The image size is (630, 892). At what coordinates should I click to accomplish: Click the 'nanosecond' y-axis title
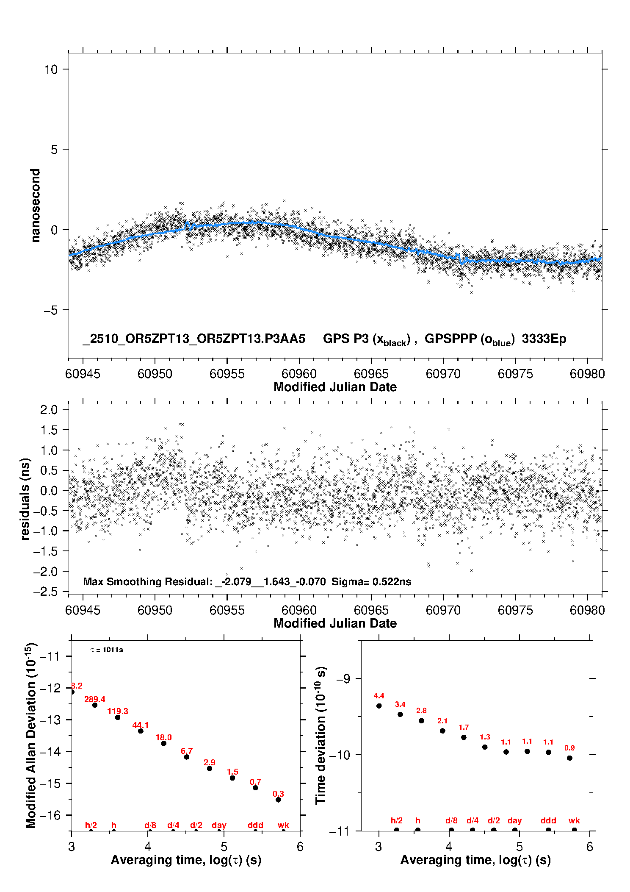click(36, 205)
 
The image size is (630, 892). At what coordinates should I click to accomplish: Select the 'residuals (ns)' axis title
click(25, 499)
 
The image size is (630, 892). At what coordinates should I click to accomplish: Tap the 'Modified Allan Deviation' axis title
click(31, 736)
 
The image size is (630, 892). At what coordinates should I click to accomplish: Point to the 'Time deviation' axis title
click(321, 735)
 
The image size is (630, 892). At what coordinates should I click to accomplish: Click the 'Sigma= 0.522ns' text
click(371, 581)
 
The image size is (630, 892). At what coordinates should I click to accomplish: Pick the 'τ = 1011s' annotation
click(107, 650)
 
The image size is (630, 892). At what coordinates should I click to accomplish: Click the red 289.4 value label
click(94, 699)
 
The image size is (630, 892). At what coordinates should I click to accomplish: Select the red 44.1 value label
click(141, 725)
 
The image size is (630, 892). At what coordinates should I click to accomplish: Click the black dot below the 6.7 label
click(187, 757)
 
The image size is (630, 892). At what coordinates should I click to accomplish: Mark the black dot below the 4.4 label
click(379, 706)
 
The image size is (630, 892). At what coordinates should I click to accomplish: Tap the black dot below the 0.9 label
click(569, 758)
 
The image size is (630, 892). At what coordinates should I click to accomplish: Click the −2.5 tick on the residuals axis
click(45, 592)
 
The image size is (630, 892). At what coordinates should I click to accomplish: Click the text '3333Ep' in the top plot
click(544, 339)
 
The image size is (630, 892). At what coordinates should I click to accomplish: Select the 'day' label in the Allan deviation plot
click(219, 825)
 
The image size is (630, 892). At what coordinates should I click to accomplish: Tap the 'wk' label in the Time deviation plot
click(574, 820)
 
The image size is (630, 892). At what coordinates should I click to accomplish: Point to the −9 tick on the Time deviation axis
click(343, 678)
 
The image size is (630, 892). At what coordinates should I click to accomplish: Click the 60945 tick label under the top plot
click(83, 374)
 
